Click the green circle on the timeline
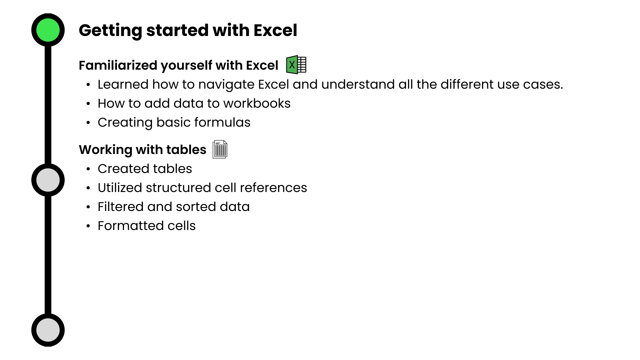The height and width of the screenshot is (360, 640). coord(48,30)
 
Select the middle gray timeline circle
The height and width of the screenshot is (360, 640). coord(48,180)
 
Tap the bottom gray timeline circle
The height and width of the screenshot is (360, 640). coord(48,330)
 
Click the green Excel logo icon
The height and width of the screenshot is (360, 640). coord(296,65)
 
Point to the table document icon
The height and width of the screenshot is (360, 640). coord(220,149)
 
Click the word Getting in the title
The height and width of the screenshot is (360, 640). coord(110,31)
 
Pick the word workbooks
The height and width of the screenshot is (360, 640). coord(257,103)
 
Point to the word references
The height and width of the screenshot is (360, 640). coord(273,188)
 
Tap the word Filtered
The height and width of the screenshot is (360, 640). coord(121,207)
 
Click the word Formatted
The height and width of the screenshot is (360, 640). coord(131,226)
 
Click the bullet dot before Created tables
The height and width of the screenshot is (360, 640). coord(88,169)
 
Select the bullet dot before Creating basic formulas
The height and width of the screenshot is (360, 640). coord(88,123)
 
